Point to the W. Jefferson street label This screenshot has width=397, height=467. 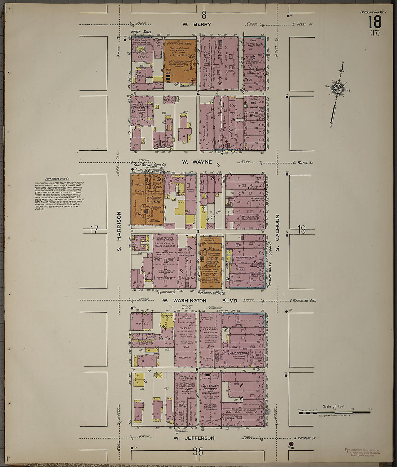pyautogui.click(x=194, y=438)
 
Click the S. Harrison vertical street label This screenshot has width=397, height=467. pyautogui.click(x=118, y=231)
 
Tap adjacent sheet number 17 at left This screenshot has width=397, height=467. pyautogui.click(x=95, y=229)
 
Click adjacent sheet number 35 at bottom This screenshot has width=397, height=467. pyautogui.click(x=198, y=451)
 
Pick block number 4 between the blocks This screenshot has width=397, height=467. pyautogui.click(x=198, y=231)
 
